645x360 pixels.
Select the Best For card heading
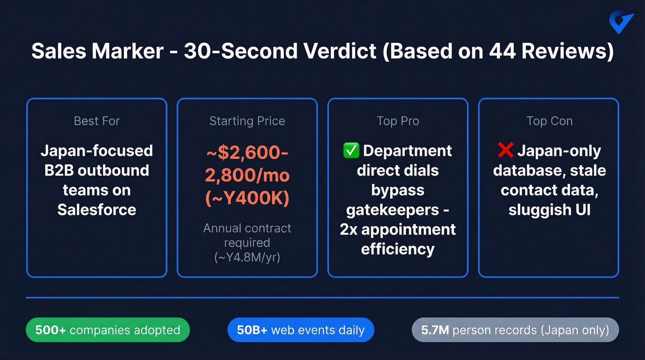(x=97, y=121)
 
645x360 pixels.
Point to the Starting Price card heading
(x=247, y=121)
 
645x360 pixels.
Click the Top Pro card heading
(x=398, y=121)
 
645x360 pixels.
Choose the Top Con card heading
(x=549, y=121)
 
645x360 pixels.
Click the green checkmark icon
(x=352, y=151)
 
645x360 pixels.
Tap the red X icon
(x=505, y=151)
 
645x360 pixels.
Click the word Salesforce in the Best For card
(x=97, y=210)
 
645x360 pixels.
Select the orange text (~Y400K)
(x=247, y=197)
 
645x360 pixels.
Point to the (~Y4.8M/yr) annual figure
(x=247, y=257)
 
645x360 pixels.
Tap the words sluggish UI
(x=549, y=210)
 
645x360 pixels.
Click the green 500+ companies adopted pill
(x=107, y=330)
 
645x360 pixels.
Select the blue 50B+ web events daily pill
(x=300, y=330)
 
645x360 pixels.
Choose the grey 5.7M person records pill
(x=515, y=330)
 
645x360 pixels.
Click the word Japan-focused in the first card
(x=97, y=151)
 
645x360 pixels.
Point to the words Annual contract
(x=247, y=228)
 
